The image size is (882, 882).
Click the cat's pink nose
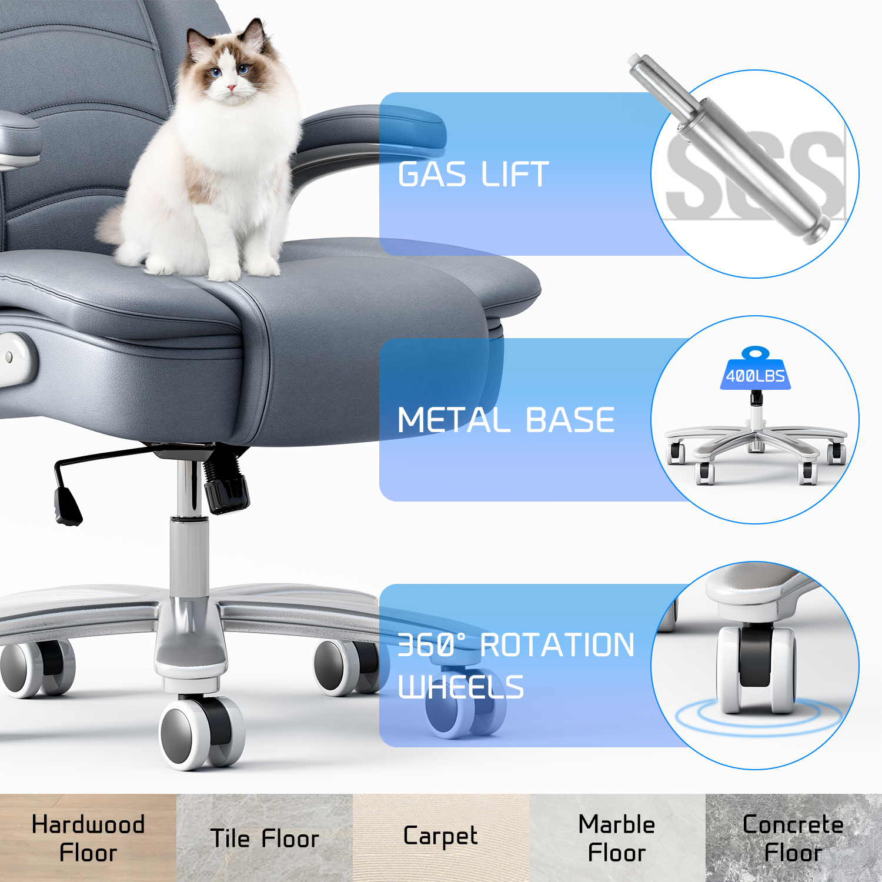point(232,88)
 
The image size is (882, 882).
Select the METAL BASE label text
point(506,420)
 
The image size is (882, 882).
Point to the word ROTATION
point(557,645)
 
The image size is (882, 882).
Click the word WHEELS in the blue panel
point(460,687)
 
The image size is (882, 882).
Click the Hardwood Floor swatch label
point(88,838)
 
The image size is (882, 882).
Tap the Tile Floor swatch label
point(265,838)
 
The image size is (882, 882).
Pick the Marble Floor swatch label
point(617,838)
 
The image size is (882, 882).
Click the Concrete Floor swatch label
point(793,838)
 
